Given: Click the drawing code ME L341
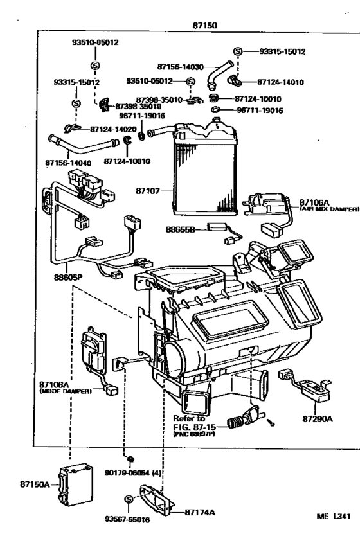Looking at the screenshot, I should pyautogui.click(x=334, y=515).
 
